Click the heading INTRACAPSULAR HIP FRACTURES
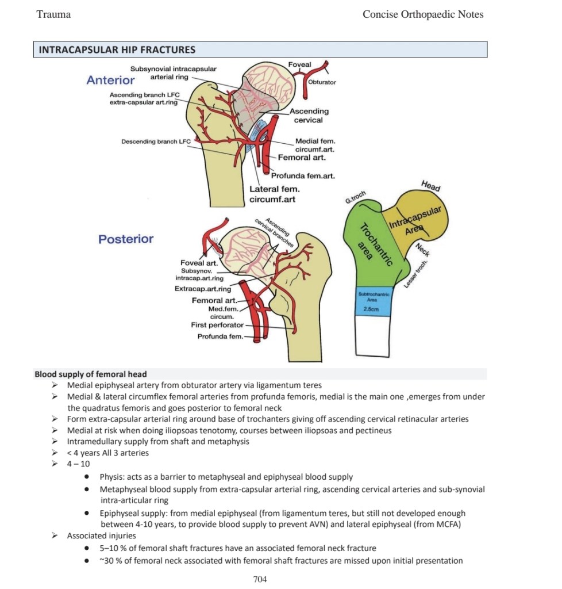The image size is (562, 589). tap(117, 49)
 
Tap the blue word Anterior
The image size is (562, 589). tap(110, 80)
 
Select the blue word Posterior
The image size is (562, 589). tap(126, 239)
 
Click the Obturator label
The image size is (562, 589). tap(322, 82)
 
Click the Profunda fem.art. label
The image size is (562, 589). tap(302, 176)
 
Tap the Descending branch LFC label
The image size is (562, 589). tap(156, 141)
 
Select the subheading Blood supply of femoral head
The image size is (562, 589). tap(90, 374)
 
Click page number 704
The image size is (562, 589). tap(260, 579)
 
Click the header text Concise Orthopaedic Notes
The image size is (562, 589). tap(422, 14)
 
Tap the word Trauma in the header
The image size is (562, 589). tap(53, 14)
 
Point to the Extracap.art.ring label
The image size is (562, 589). tap(203, 289)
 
